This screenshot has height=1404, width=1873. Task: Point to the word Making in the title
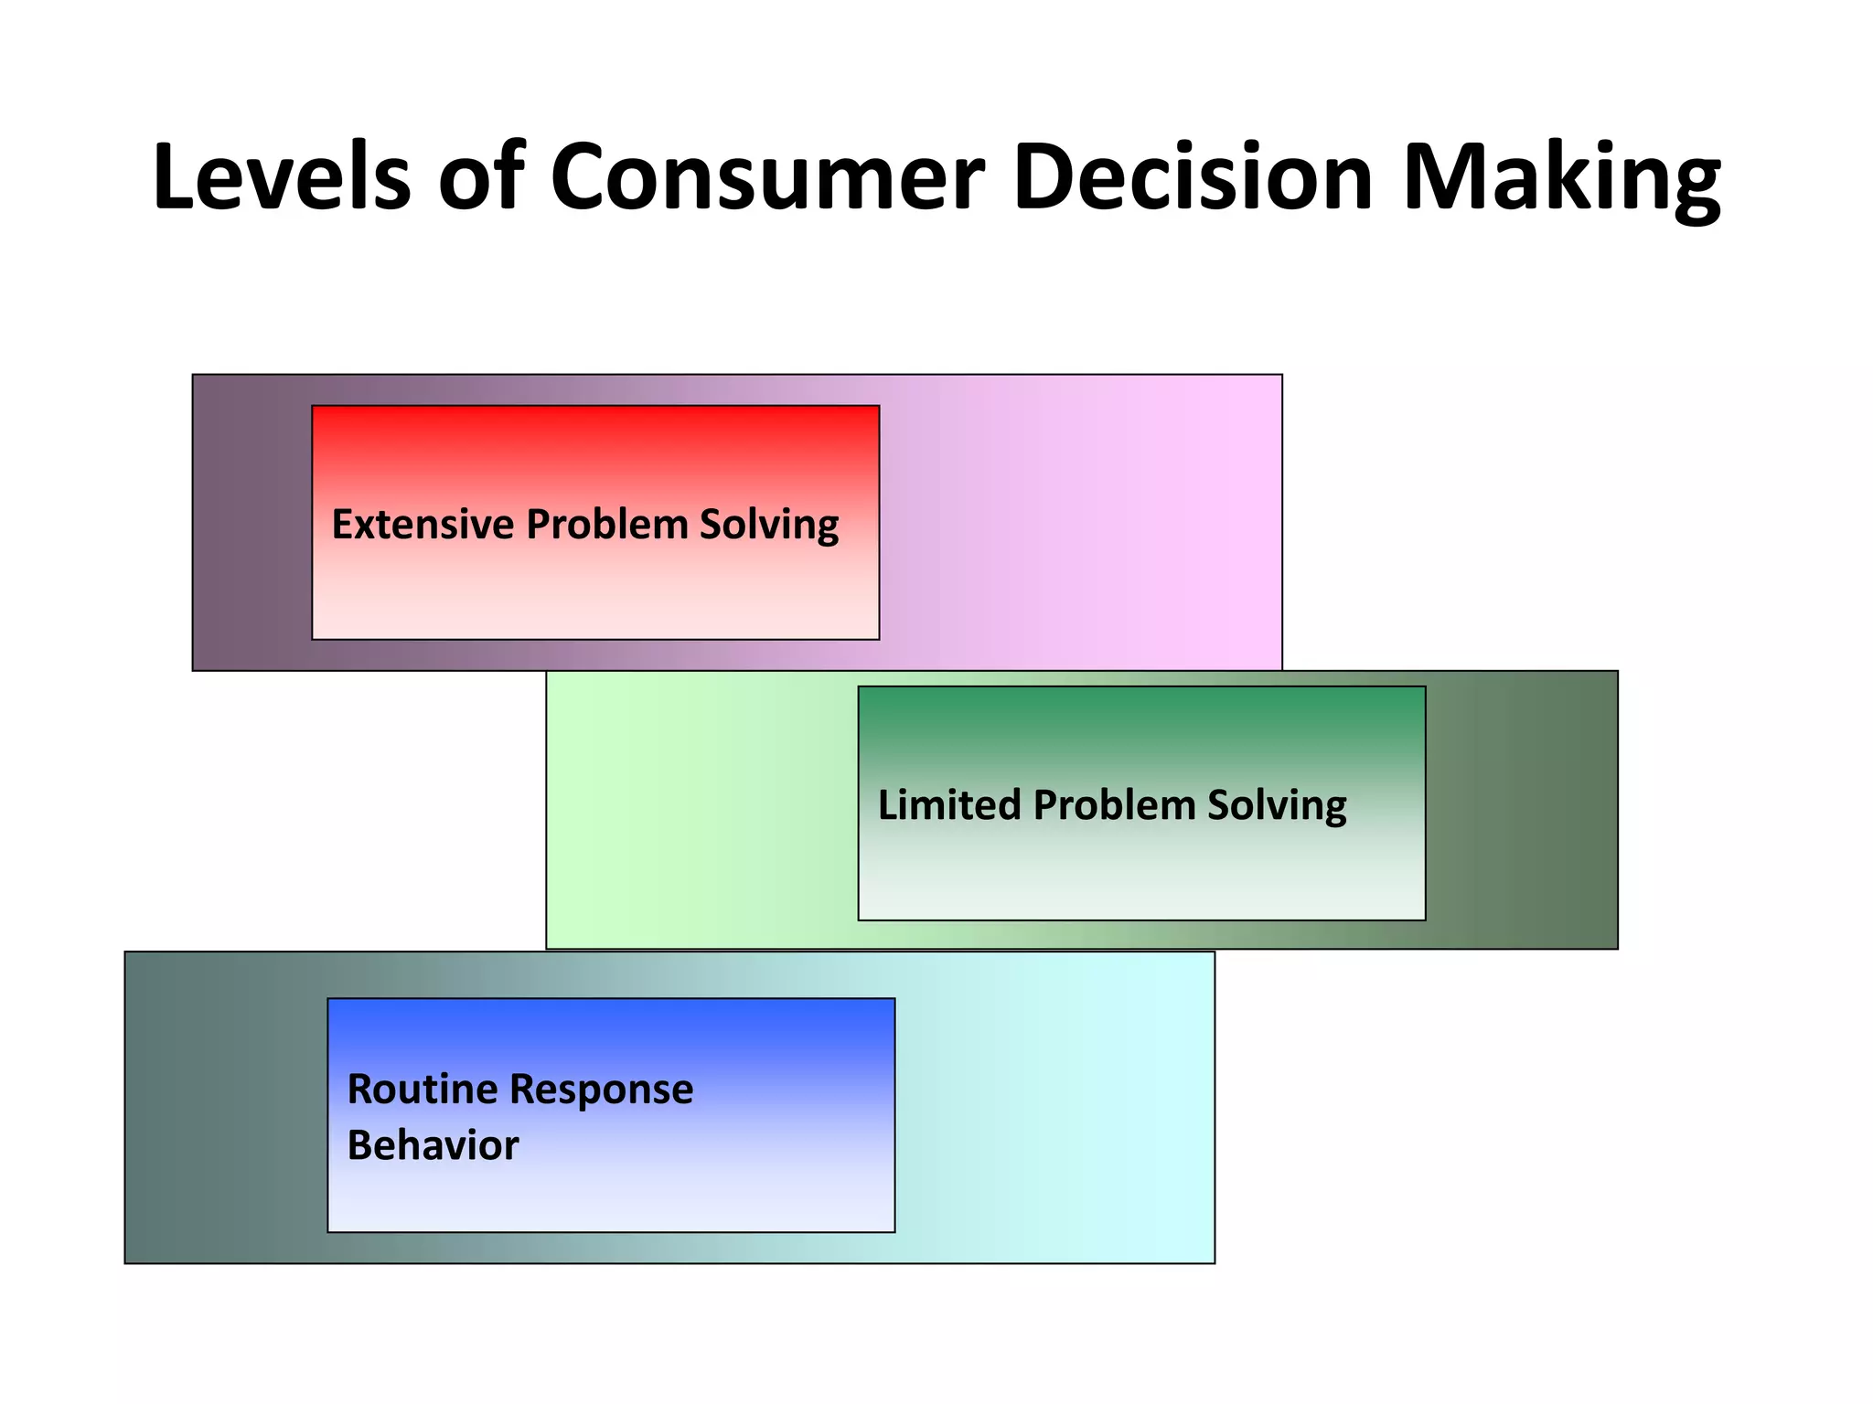(1560, 179)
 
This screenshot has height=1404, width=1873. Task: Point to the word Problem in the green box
(1114, 805)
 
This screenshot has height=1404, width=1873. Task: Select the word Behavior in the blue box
(433, 1145)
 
